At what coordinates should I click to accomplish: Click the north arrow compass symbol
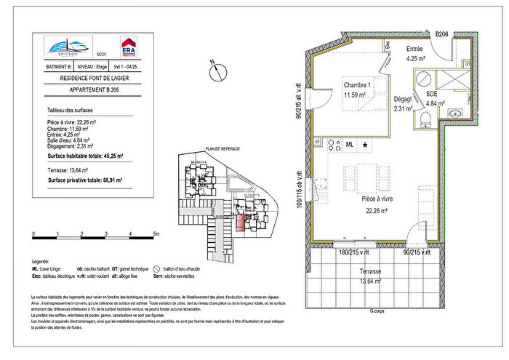point(217,72)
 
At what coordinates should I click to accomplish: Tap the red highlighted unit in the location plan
point(243,221)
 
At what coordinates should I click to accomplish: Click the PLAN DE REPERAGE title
point(223,148)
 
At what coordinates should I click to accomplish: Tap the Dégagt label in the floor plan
point(403,100)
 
